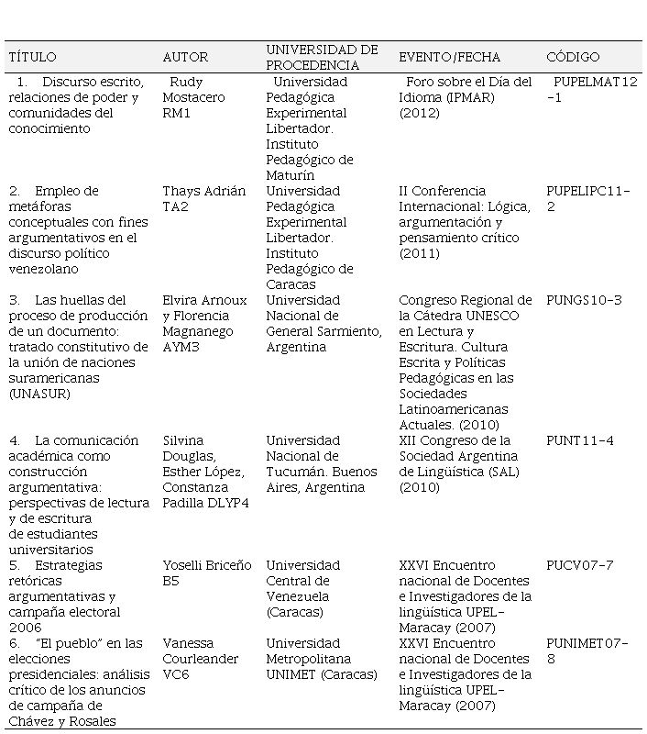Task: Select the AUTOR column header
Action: tap(185, 57)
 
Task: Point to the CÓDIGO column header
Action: tap(573, 57)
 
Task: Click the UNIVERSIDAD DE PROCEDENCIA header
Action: tap(322, 57)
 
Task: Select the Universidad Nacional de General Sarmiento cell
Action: tap(323, 323)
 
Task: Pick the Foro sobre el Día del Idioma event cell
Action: tap(466, 97)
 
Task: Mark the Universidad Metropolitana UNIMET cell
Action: tap(321, 659)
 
